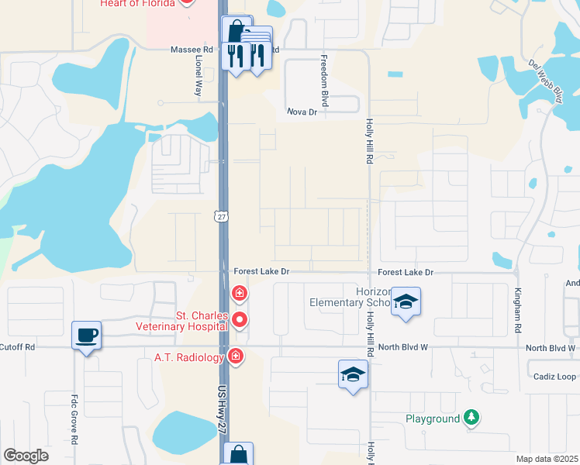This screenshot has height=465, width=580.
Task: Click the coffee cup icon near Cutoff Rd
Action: click(x=86, y=336)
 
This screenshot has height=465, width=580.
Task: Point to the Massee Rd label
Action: click(x=192, y=50)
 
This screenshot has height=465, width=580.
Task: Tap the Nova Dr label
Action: click(x=302, y=112)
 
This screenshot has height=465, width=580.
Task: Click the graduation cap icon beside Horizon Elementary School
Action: click(x=405, y=301)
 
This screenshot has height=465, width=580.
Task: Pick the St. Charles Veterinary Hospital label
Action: click(x=202, y=321)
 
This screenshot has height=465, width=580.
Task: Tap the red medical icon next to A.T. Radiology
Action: click(x=236, y=356)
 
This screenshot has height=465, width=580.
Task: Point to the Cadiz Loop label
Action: click(x=555, y=377)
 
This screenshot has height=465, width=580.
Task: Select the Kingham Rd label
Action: click(x=517, y=310)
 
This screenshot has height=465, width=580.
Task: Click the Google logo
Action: click(x=26, y=456)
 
